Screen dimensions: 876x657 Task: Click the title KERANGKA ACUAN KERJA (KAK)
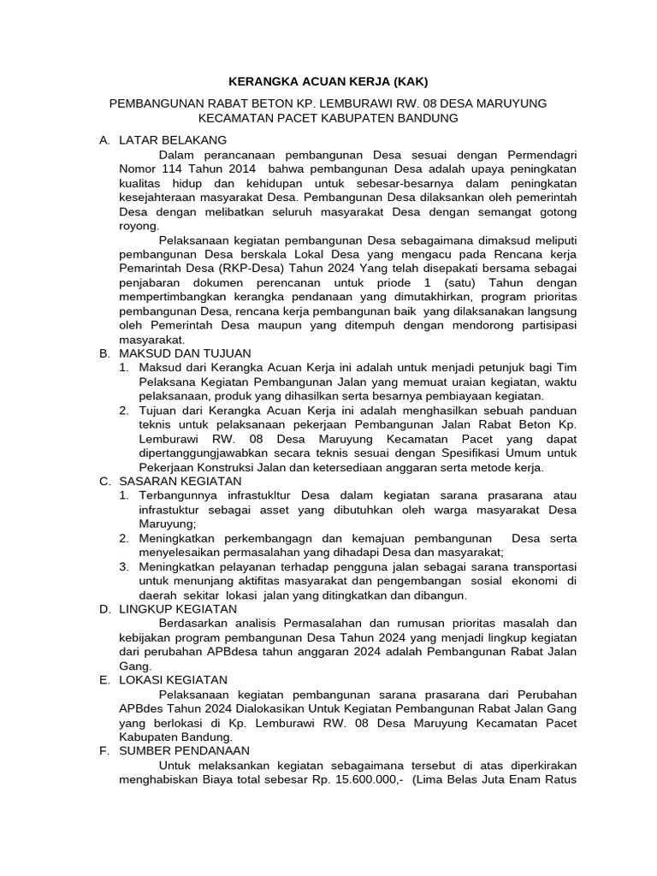(x=328, y=82)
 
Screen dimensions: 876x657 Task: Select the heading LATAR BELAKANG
(x=173, y=139)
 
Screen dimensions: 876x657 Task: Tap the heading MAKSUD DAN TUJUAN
(x=184, y=352)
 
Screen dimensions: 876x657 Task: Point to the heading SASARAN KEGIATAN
(x=181, y=482)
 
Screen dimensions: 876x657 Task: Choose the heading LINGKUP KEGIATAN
(x=178, y=609)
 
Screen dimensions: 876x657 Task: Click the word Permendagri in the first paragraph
(x=537, y=155)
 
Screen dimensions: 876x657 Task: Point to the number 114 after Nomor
(x=171, y=169)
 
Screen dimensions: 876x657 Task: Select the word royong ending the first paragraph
(x=138, y=227)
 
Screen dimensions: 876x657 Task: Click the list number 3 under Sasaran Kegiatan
(x=124, y=566)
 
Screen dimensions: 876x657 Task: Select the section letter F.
(x=104, y=750)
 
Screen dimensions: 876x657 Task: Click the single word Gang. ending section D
(x=134, y=666)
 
